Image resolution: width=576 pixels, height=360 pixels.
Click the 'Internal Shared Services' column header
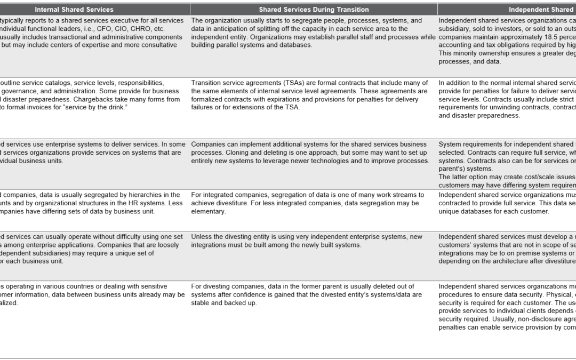click(x=74, y=10)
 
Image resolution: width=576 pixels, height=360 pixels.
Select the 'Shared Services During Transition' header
click(x=314, y=10)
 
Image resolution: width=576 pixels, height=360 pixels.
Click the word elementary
click(x=209, y=211)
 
